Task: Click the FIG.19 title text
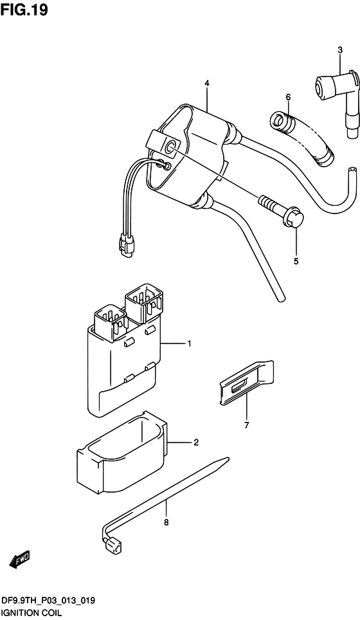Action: pyautogui.click(x=24, y=10)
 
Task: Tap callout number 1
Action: pyautogui.click(x=189, y=343)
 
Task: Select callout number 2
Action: pyautogui.click(x=195, y=442)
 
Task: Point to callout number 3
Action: pyautogui.click(x=340, y=50)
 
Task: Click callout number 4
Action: pyautogui.click(x=206, y=84)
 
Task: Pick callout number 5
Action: pyautogui.click(x=296, y=261)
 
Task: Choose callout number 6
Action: pyautogui.click(x=288, y=97)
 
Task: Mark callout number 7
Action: pyautogui.click(x=247, y=426)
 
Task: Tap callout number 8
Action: pyautogui.click(x=166, y=523)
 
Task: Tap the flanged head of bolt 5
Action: pyautogui.click(x=297, y=218)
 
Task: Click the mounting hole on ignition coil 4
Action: pyautogui.click(x=171, y=147)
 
